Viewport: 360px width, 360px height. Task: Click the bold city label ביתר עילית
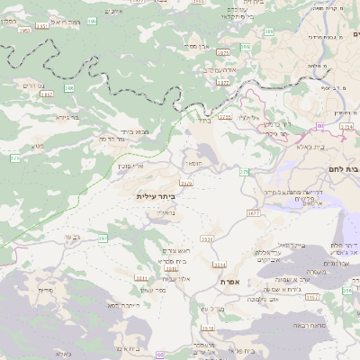coord(155,196)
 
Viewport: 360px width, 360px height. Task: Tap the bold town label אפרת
coord(229,282)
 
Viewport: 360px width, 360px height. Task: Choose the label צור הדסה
coord(108,140)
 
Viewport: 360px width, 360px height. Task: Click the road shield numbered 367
coord(103,238)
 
